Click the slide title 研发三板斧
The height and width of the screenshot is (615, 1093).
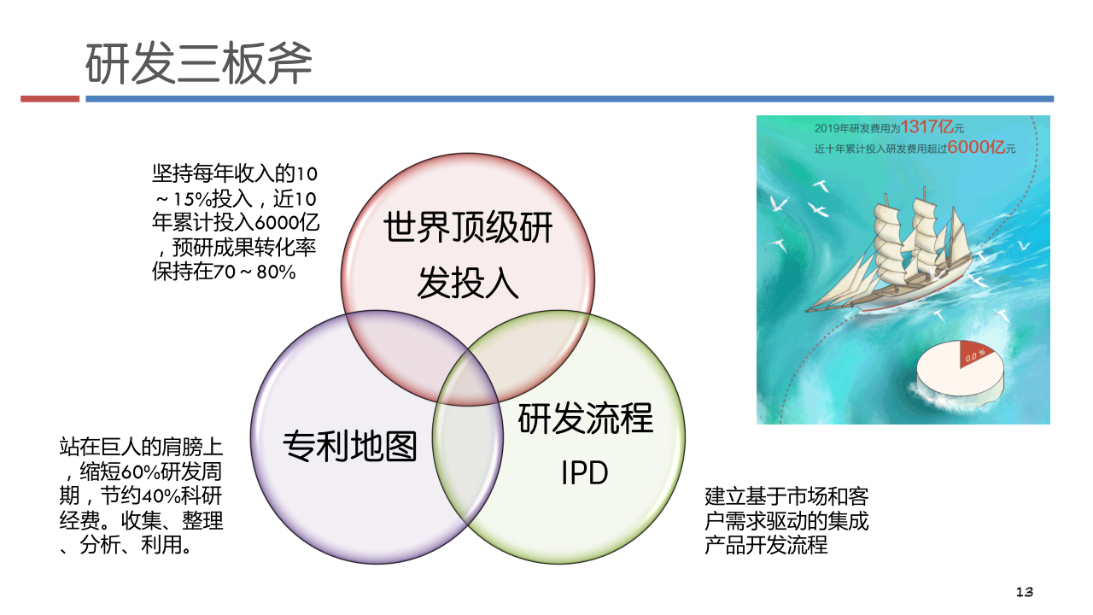click(x=199, y=63)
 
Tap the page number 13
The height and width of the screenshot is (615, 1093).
click(x=1024, y=592)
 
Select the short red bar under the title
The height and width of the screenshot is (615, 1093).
click(x=50, y=99)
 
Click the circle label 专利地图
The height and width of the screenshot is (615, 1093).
click(x=350, y=446)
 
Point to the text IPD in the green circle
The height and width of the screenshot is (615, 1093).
click(x=585, y=472)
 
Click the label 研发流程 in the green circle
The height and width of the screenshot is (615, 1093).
click(x=586, y=419)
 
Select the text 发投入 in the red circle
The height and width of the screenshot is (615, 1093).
click(x=468, y=282)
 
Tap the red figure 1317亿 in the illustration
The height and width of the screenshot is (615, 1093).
click(x=927, y=127)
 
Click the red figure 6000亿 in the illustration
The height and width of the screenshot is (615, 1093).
click(x=976, y=147)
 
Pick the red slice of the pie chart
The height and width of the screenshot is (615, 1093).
click(x=974, y=354)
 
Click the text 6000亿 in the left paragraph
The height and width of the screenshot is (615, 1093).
click(x=287, y=223)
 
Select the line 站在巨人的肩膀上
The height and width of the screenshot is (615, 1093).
click(x=141, y=447)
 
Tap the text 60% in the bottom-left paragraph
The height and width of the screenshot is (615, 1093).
click(x=141, y=472)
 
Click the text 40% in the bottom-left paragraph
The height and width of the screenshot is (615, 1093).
click(x=161, y=496)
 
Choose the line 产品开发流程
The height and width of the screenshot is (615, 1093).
click(x=766, y=545)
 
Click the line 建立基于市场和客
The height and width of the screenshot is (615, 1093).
click(x=786, y=497)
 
